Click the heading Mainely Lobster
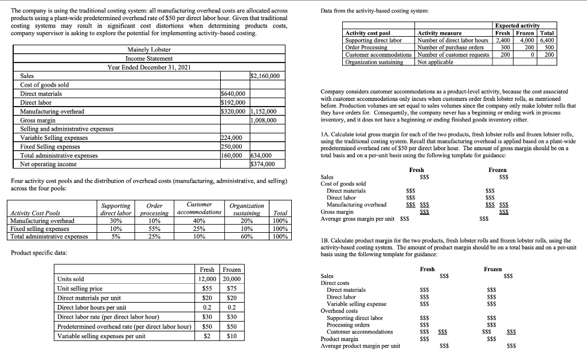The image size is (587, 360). [x=149, y=50]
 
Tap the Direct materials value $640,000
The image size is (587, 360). [x=233, y=93]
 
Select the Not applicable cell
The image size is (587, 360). [x=435, y=62]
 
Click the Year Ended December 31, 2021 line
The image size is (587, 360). [x=149, y=67]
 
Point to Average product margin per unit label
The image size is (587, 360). [x=361, y=345]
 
